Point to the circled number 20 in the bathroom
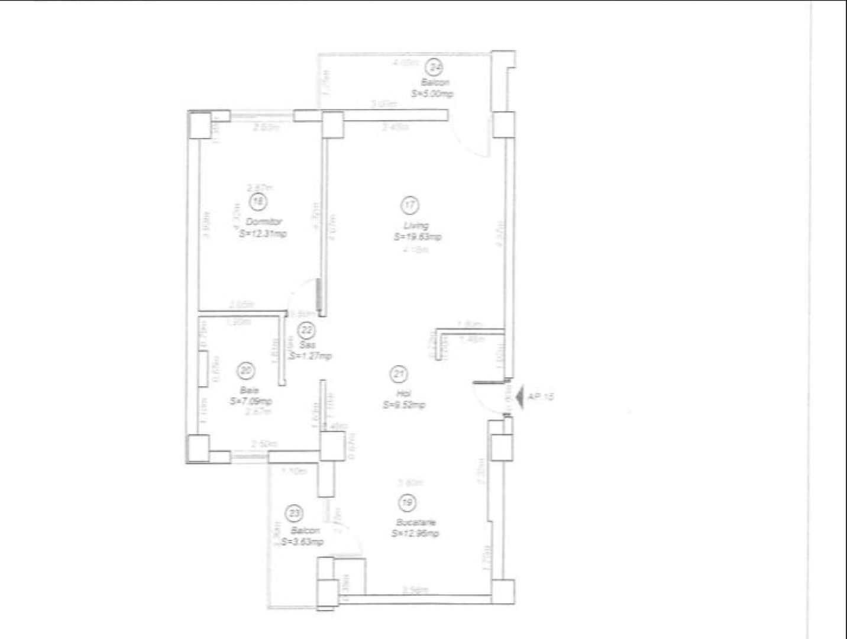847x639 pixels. [x=244, y=371]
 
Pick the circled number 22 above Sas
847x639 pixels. [x=307, y=330]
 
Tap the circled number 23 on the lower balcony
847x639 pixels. [x=293, y=511]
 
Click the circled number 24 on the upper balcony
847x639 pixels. [x=435, y=67]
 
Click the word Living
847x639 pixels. [x=416, y=225]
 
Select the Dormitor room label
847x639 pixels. [x=264, y=221]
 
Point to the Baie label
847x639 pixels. [x=247, y=390]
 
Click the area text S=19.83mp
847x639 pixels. [x=418, y=237]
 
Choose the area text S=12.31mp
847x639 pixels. [x=263, y=234]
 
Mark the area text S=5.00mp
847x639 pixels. [x=433, y=93]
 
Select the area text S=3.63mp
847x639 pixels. [x=302, y=541]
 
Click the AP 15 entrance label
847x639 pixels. [x=541, y=397]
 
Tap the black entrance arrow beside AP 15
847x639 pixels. [x=519, y=398]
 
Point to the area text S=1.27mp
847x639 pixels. [x=311, y=356]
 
